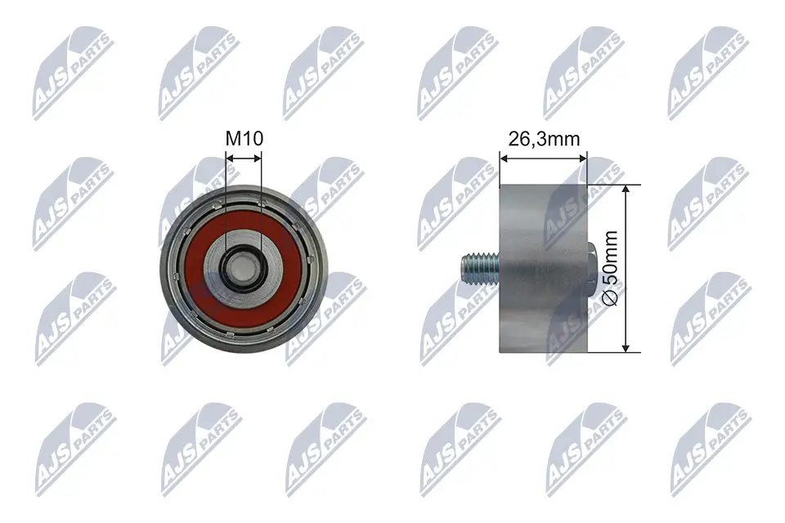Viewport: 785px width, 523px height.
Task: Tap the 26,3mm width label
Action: [x=544, y=138]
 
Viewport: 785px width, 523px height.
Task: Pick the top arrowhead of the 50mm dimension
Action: [x=626, y=189]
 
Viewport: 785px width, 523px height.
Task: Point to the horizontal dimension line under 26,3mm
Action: [x=542, y=159]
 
